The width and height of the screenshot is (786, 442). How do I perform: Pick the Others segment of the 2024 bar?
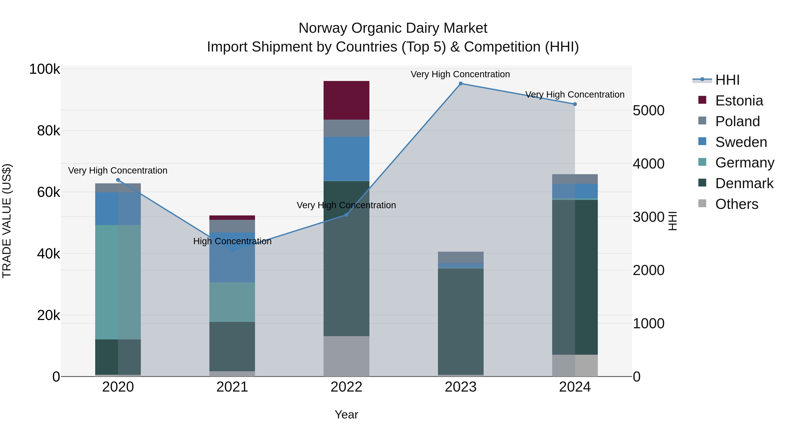click(575, 365)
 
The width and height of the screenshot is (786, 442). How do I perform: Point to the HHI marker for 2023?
click(461, 84)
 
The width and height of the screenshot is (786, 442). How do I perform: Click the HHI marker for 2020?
click(118, 180)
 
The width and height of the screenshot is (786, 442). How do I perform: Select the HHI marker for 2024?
click(575, 104)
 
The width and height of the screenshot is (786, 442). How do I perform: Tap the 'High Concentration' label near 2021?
click(232, 241)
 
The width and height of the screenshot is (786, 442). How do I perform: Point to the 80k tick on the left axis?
click(48, 131)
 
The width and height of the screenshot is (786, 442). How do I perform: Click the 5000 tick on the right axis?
click(648, 110)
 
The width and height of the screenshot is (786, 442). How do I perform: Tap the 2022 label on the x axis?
click(346, 387)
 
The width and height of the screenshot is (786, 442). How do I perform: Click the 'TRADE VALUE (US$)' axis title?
click(7, 221)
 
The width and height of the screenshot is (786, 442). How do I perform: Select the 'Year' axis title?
click(346, 414)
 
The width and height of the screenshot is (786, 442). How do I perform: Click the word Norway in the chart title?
click(323, 28)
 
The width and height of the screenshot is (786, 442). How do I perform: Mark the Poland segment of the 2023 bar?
click(460, 258)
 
